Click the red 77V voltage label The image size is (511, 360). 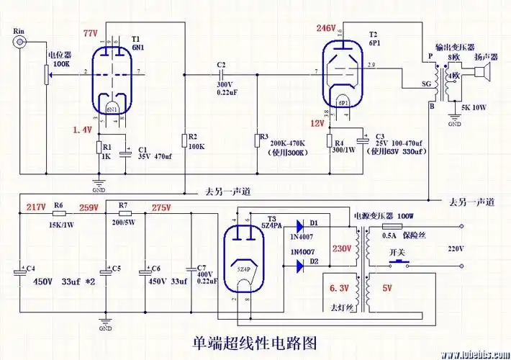(90, 34)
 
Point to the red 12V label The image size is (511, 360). (317, 123)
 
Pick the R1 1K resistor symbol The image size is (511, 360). (99, 148)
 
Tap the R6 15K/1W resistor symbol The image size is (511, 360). (59, 213)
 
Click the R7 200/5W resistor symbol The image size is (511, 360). (122, 214)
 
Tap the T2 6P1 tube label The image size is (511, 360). (373, 38)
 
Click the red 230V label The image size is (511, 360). (341, 248)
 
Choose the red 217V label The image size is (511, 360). (36, 207)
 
